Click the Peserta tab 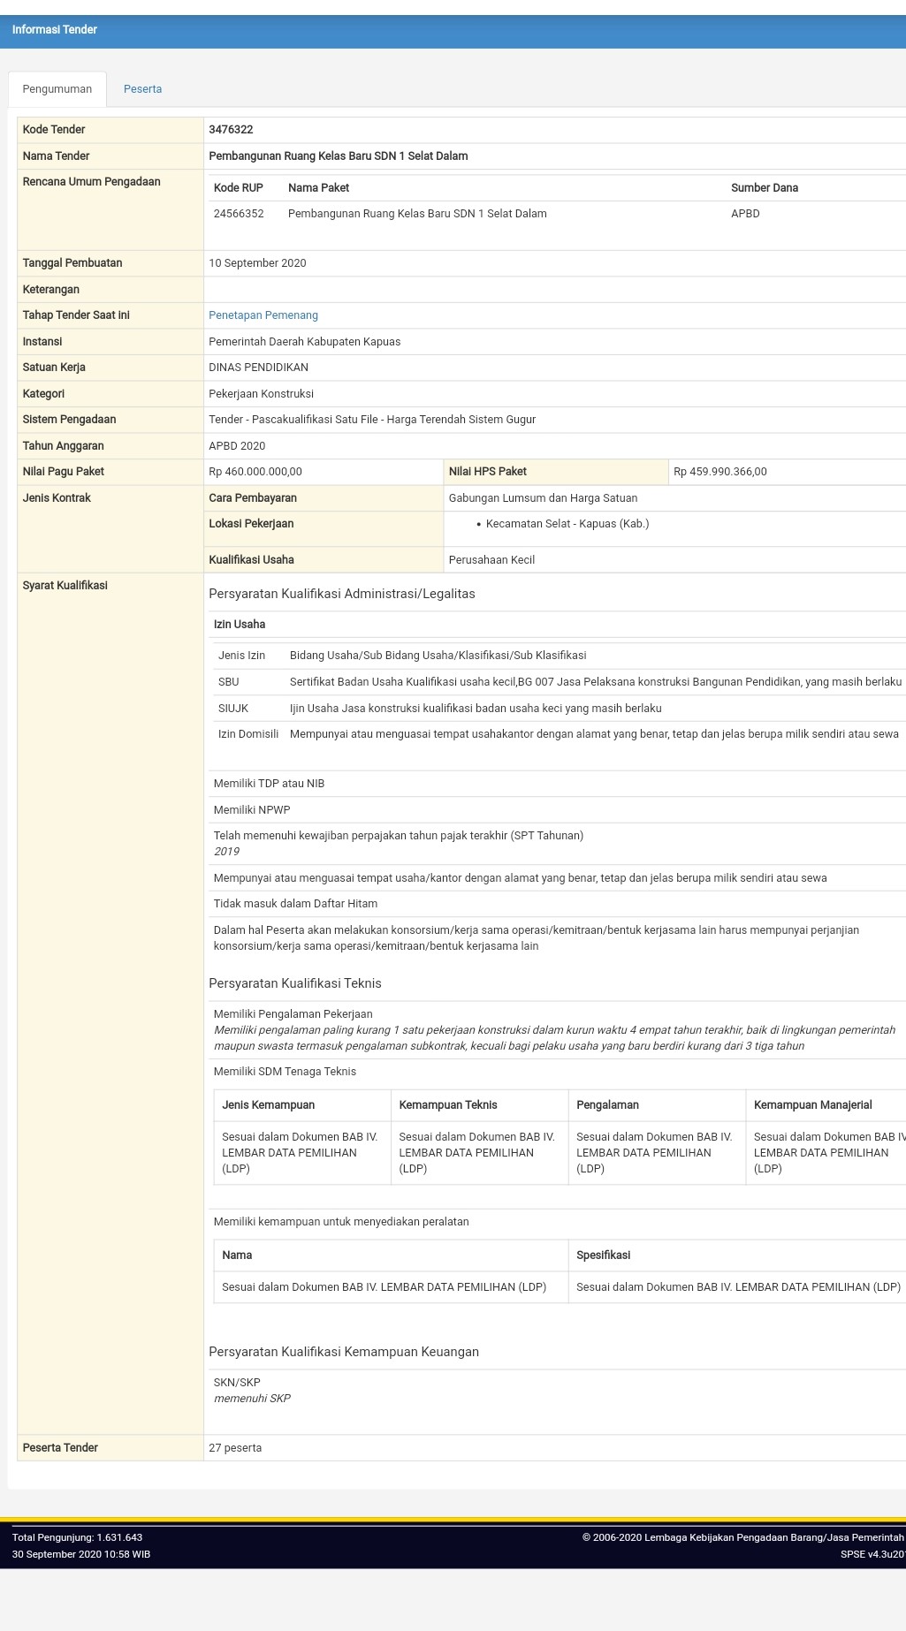142,89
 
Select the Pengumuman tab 57,89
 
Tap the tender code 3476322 231,130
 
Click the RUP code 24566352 239,214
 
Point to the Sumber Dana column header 764,188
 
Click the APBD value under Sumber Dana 745,214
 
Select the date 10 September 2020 257,263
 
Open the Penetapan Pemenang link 263,315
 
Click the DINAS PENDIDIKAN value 258,368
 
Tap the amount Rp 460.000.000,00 255,472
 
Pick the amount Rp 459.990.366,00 719,472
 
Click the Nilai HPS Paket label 487,472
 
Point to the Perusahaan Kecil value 491,560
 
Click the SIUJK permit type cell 233,709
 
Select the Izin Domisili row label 248,734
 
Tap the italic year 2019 226,852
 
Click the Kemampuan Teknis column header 448,1105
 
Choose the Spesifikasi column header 603,1255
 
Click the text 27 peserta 235,1448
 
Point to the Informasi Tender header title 55,30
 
